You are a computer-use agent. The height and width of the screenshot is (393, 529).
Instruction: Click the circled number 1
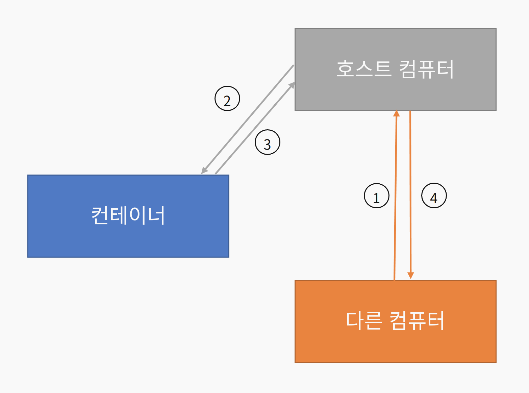coord(377,196)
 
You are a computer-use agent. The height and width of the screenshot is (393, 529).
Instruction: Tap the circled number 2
coord(227,99)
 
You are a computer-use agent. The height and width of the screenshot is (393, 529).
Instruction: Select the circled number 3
coord(268,142)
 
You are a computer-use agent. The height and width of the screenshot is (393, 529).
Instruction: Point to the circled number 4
coord(434,196)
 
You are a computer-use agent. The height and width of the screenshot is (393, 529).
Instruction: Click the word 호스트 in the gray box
coord(364,69)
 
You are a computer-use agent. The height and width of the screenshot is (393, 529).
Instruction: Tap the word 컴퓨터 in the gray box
coord(426,69)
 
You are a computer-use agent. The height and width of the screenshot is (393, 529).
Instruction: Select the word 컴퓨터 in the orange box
coord(417,320)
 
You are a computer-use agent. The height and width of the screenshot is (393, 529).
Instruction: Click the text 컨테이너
coord(128,215)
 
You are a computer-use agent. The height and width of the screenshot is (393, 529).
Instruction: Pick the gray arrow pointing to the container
coord(248,118)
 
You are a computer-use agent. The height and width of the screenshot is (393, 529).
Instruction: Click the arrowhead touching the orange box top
coord(411,276)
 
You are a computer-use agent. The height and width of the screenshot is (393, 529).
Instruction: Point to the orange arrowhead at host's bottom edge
coord(397,113)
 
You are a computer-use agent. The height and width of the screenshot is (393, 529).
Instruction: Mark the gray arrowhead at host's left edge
coord(292,84)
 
